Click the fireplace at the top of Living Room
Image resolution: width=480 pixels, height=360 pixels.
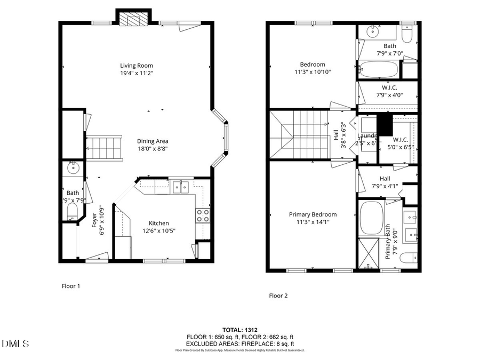[131, 19]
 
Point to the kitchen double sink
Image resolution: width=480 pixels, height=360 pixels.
[180, 186]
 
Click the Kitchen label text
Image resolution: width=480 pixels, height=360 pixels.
[158, 223]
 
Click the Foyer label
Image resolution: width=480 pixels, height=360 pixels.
[94, 220]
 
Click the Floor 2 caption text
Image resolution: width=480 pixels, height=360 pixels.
[278, 295]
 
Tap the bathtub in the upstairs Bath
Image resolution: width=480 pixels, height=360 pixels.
[378, 69]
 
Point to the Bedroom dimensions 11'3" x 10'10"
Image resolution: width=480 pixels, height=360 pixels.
[312, 72]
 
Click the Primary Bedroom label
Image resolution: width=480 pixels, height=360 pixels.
[313, 214]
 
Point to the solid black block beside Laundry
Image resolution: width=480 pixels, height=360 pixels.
[384, 125]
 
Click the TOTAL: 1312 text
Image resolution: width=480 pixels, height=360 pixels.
[239, 330]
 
